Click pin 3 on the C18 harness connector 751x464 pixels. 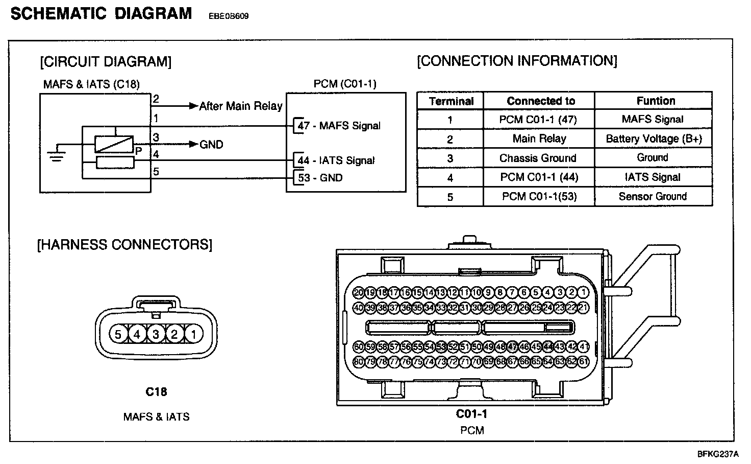point(156,335)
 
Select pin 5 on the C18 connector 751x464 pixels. point(118,335)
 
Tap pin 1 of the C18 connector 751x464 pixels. point(193,335)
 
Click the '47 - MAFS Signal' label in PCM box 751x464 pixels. point(339,126)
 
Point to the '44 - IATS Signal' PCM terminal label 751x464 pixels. point(336,160)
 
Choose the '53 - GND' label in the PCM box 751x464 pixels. point(320,178)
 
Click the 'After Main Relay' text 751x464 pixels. point(240,106)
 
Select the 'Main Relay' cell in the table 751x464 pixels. point(539,138)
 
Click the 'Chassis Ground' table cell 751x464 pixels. point(538,158)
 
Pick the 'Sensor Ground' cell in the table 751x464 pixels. point(653,196)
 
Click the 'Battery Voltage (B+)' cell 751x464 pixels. point(654,138)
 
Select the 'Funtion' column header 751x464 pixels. point(656,101)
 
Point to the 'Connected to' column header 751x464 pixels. point(540,101)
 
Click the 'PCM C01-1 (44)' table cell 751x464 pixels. point(539,177)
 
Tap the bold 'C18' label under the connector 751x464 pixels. point(156,392)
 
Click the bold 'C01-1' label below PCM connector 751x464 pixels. point(472,413)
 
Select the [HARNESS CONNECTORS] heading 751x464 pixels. point(124,244)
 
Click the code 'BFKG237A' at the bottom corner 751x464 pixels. point(718,454)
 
